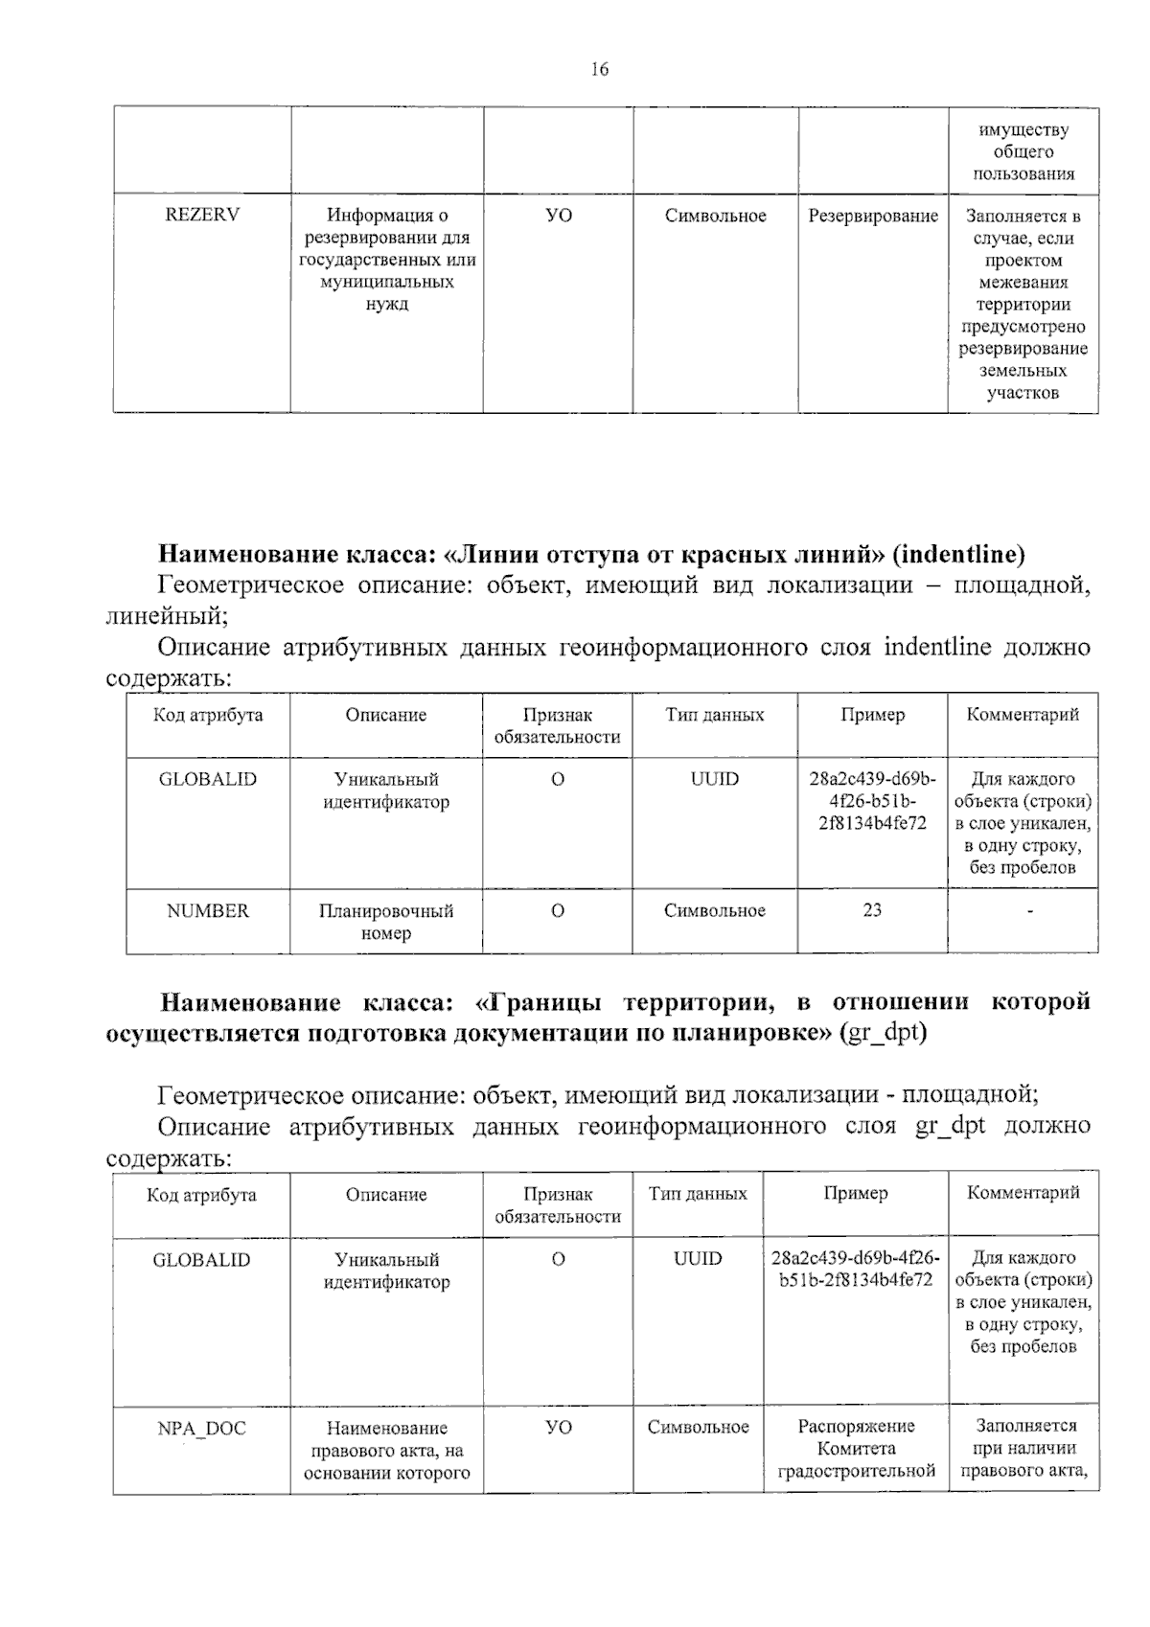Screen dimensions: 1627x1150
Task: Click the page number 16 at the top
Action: point(600,69)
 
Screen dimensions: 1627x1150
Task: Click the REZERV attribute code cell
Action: point(202,216)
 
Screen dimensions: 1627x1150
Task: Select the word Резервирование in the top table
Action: point(873,217)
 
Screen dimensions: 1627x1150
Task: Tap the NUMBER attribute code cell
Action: point(207,911)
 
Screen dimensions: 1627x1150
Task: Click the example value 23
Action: point(872,910)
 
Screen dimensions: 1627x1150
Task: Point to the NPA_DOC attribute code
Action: point(201,1429)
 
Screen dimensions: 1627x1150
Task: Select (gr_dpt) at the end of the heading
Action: point(883,1034)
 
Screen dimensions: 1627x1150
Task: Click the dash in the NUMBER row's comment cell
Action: point(1029,912)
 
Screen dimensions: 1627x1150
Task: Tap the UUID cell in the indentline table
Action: point(715,779)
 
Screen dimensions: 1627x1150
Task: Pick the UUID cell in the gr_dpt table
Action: point(698,1259)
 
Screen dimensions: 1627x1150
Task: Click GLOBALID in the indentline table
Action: point(208,779)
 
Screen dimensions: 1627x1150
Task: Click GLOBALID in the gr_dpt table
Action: point(201,1260)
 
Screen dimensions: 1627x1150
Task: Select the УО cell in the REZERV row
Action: point(558,217)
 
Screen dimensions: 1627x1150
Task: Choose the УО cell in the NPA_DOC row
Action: point(558,1428)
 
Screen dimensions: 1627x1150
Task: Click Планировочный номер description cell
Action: point(386,922)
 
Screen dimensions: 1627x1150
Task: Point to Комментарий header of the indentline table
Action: point(1023,715)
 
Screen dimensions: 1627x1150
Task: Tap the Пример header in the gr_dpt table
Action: point(856,1194)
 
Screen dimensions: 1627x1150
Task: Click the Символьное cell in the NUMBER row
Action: point(715,911)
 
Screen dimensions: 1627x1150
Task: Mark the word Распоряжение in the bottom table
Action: point(856,1427)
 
